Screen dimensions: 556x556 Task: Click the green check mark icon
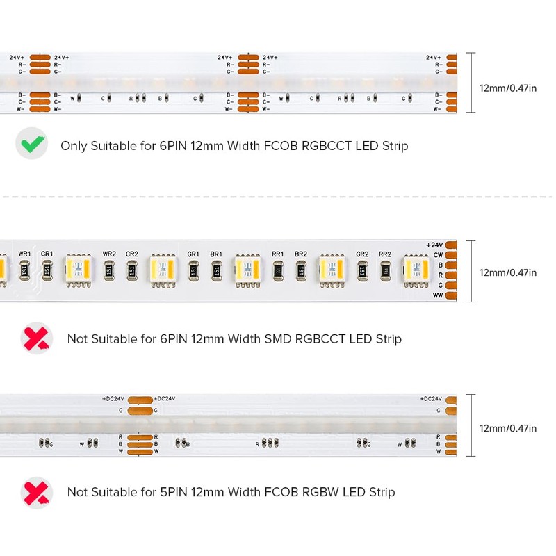[31, 145]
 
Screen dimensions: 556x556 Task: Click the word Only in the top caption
[74, 146]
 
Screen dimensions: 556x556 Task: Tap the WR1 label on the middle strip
[24, 254]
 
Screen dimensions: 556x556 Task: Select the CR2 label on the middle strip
[132, 254]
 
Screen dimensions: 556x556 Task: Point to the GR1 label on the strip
[193, 254]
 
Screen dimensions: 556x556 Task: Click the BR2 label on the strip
[301, 254]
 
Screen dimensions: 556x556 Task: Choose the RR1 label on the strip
[278, 254]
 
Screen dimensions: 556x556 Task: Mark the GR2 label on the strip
[362, 254]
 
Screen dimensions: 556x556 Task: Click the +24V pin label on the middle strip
[434, 245]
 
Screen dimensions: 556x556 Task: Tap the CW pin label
[437, 255]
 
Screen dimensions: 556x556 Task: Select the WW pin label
[436, 296]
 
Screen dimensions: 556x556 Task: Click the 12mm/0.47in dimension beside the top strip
[508, 88]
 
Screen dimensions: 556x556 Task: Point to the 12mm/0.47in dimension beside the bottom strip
[508, 429]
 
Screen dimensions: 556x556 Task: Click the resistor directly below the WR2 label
[109, 270]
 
